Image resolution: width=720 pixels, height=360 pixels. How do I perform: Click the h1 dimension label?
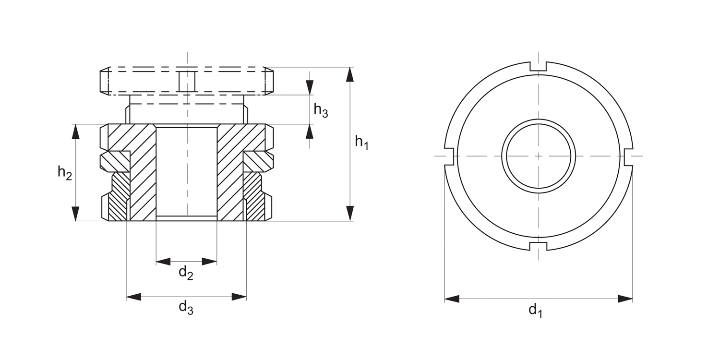(x=361, y=142)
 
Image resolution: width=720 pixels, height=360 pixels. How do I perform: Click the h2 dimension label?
(x=65, y=172)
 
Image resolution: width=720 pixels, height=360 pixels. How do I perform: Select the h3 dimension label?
(x=321, y=110)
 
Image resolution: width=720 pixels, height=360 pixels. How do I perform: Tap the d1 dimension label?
(x=535, y=311)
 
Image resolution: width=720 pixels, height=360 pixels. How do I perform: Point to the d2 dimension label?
(x=186, y=273)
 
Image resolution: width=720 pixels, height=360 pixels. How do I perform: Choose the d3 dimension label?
(x=186, y=308)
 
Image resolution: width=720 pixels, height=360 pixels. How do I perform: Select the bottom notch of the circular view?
(x=539, y=246)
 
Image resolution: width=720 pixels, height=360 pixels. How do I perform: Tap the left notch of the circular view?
(x=450, y=156)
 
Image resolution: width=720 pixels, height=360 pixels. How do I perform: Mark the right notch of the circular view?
(x=628, y=156)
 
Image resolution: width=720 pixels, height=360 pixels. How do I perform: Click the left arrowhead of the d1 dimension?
(x=452, y=299)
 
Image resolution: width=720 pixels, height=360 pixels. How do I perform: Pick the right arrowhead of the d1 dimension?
(x=625, y=299)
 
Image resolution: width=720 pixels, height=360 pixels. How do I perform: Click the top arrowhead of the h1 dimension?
(x=350, y=75)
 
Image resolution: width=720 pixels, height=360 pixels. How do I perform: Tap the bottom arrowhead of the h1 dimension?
(x=350, y=213)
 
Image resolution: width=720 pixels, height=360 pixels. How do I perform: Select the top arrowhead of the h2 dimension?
(x=75, y=132)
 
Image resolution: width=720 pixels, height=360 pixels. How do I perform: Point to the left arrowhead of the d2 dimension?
(x=163, y=262)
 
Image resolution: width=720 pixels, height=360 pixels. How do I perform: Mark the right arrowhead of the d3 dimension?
(x=239, y=297)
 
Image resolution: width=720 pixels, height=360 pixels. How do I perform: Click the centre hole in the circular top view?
(x=539, y=156)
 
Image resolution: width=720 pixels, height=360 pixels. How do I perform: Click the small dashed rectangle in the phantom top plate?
(x=186, y=81)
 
